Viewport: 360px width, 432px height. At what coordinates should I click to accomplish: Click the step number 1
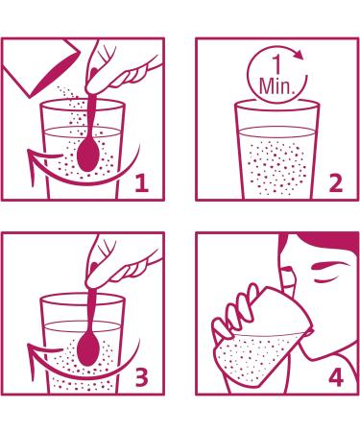tap(142, 183)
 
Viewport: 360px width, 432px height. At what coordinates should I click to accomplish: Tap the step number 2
tap(336, 183)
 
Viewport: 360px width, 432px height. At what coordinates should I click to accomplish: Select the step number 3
tap(141, 377)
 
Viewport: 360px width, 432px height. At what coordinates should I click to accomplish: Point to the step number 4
tap(336, 377)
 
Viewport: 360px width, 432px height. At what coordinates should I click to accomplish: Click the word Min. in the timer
tap(276, 85)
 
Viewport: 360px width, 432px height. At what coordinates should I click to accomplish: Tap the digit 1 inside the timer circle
tap(276, 65)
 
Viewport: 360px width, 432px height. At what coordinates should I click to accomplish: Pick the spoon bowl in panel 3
tap(86, 349)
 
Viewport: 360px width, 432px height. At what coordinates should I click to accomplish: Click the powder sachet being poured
tap(41, 68)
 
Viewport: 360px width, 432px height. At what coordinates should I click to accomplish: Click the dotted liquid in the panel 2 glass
tap(276, 166)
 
